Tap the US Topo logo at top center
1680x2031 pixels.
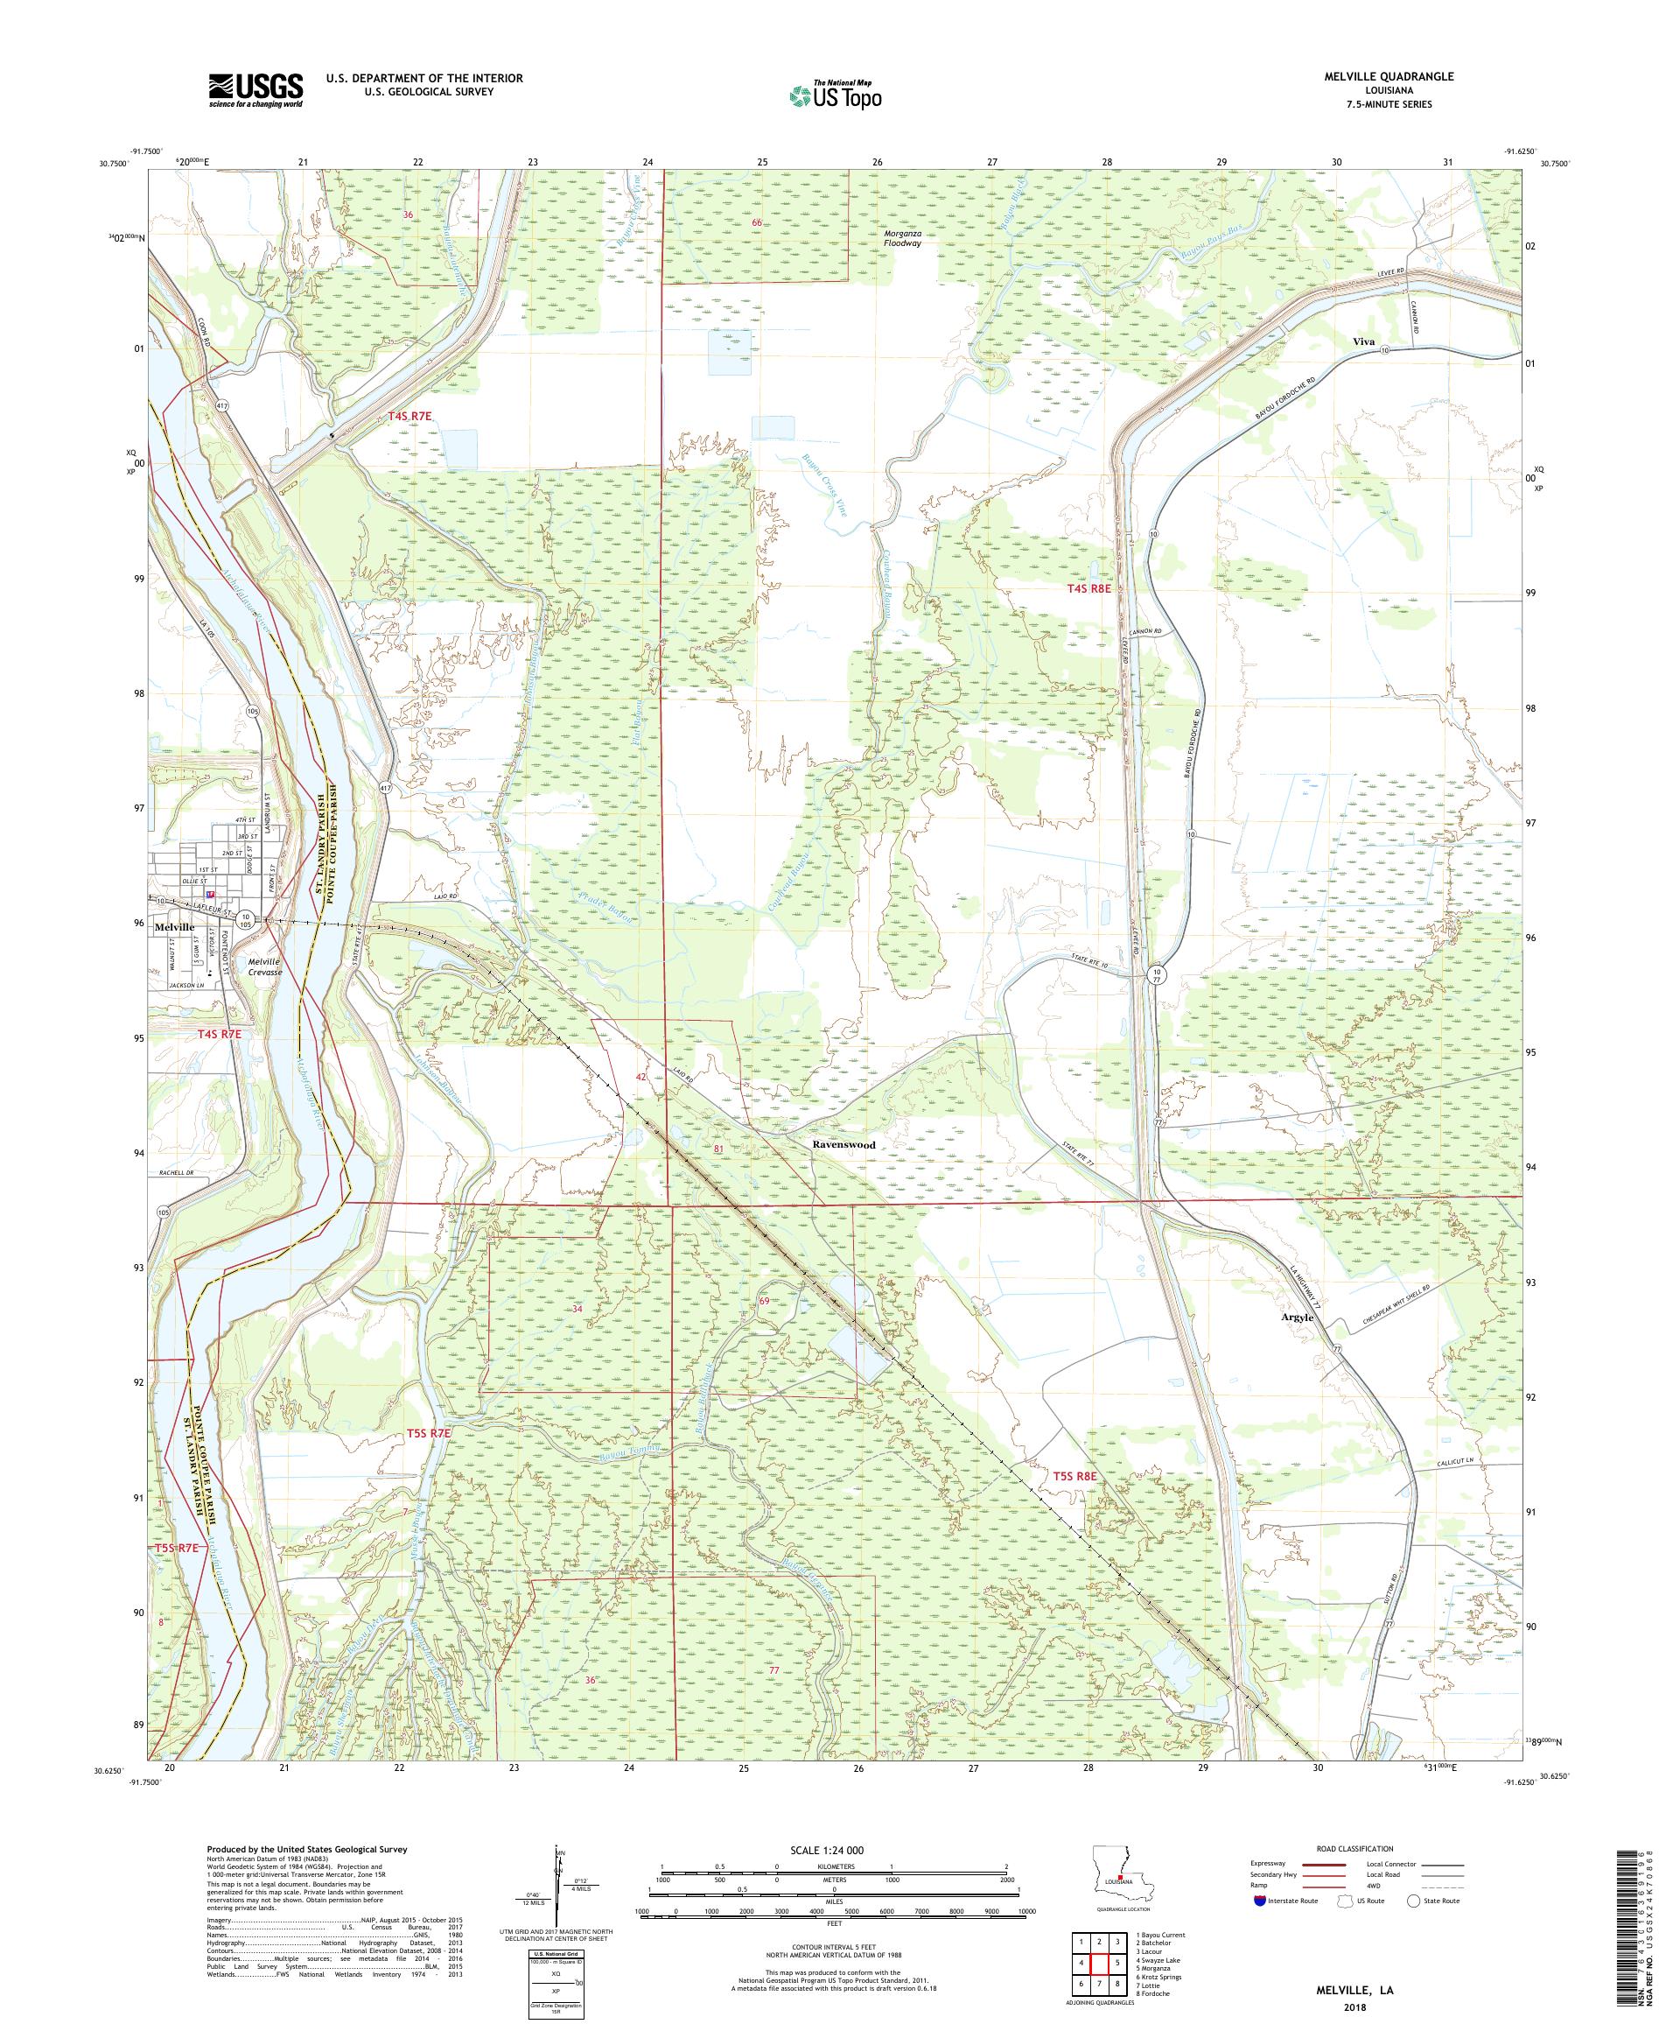point(836,95)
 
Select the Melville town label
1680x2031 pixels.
point(174,925)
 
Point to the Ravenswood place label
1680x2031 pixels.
point(843,1144)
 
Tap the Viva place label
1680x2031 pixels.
point(1364,342)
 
